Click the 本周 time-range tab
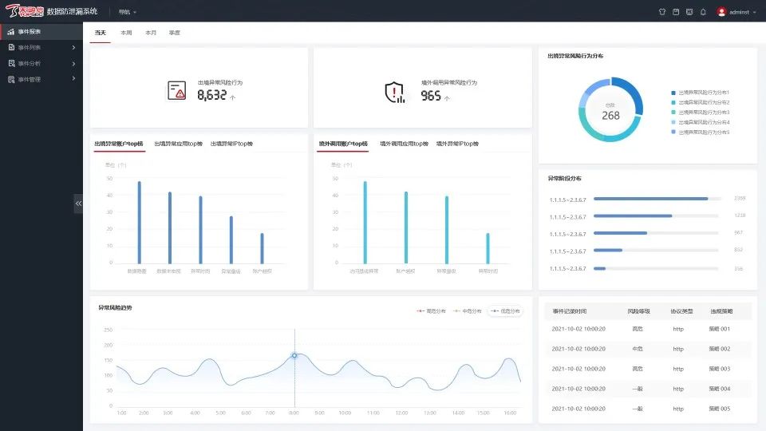click(x=126, y=33)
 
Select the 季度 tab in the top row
click(x=175, y=33)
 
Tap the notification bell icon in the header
click(x=703, y=12)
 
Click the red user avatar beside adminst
click(x=721, y=12)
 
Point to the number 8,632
click(x=211, y=96)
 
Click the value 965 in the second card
click(x=431, y=96)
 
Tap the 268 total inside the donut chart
click(x=610, y=116)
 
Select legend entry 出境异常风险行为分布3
click(x=702, y=113)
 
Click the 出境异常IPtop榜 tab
click(x=231, y=144)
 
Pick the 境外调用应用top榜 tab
click(x=403, y=144)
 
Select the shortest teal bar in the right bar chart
click(x=488, y=248)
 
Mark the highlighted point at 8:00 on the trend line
click(x=294, y=355)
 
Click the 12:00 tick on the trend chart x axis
click(x=401, y=413)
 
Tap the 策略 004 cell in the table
click(x=719, y=389)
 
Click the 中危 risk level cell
click(x=638, y=349)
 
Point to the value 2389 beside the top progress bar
click(x=739, y=198)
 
